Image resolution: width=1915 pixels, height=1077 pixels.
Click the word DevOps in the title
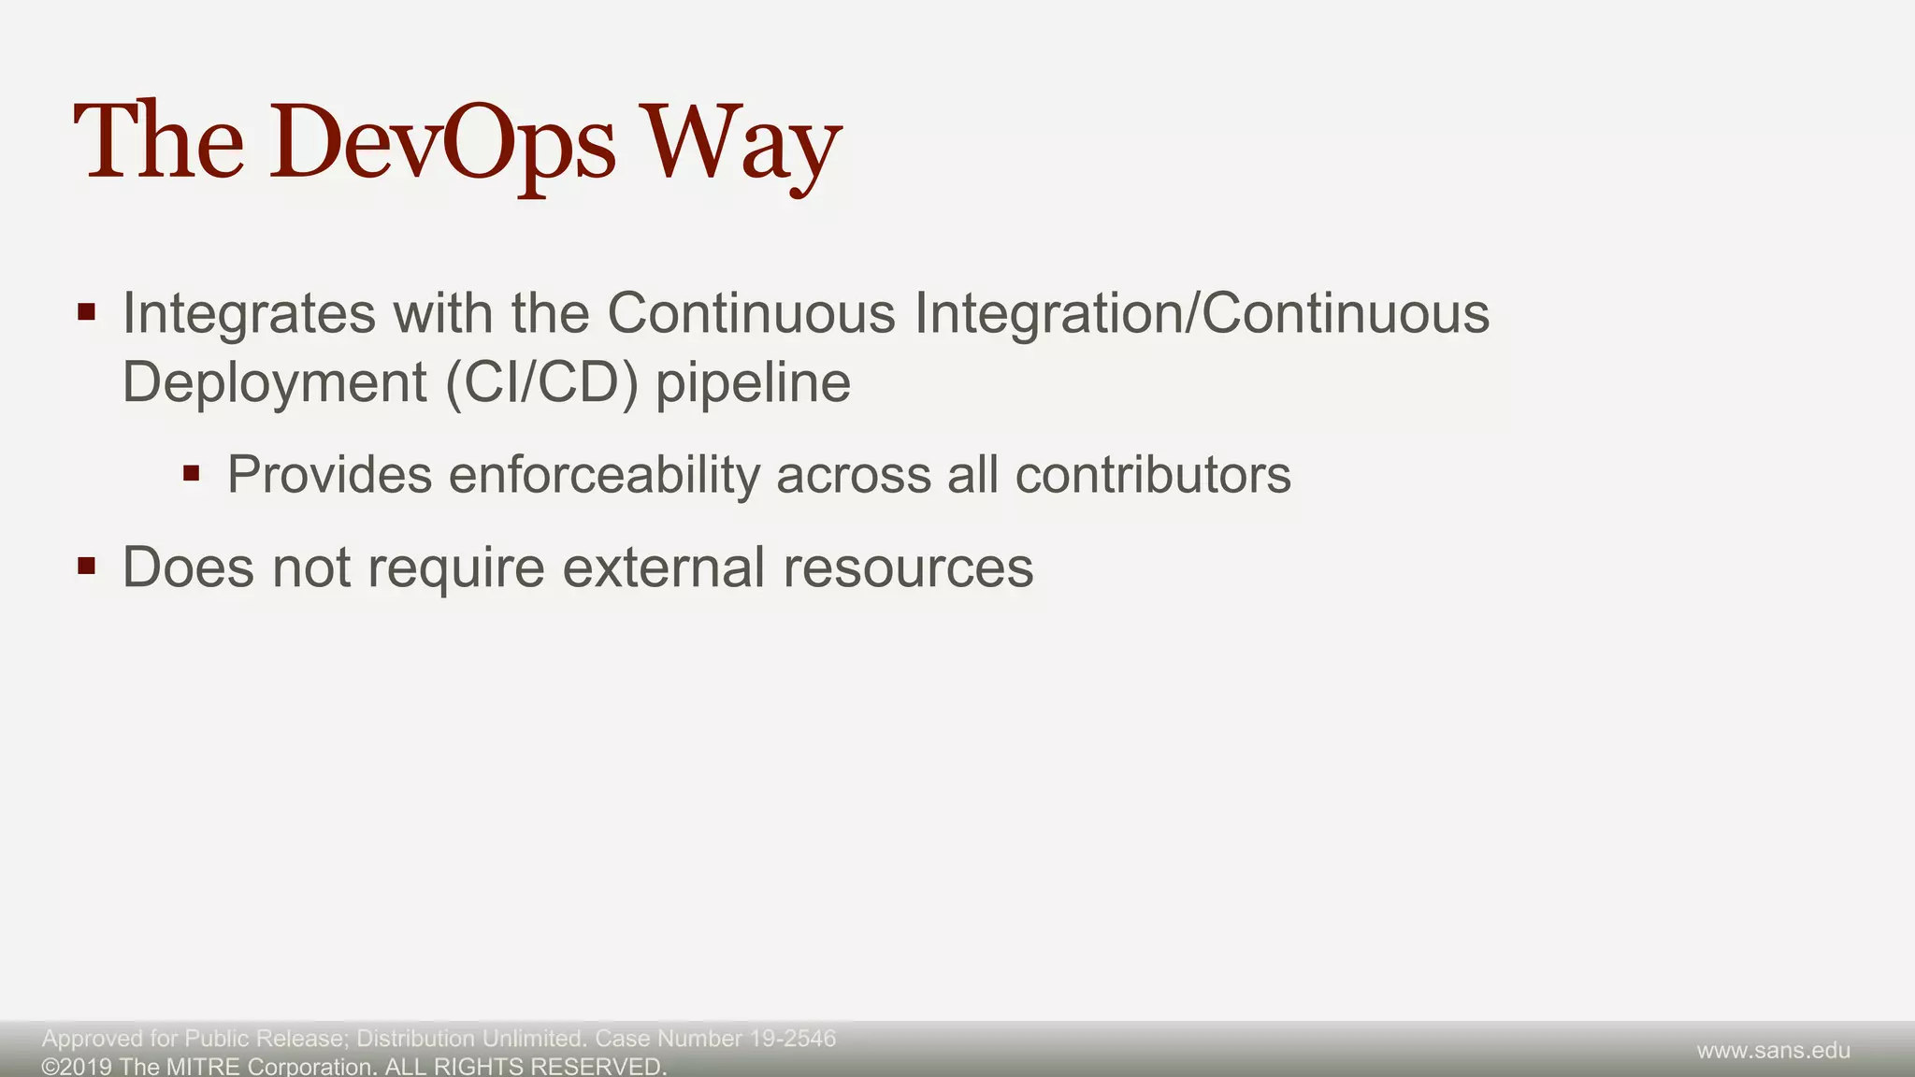(442, 142)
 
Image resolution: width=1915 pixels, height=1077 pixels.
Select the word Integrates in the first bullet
(249, 313)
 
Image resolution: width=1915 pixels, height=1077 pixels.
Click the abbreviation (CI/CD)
(542, 382)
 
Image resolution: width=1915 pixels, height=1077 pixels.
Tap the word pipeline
(753, 382)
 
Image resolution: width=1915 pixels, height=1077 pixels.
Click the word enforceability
(604, 475)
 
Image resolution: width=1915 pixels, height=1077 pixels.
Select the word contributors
(1153, 475)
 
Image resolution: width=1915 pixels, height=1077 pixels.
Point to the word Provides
(329, 475)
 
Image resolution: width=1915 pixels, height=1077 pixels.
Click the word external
(664, 567)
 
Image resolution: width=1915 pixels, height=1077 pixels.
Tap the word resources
(908, 567)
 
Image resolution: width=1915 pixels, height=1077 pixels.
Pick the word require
(455, 567)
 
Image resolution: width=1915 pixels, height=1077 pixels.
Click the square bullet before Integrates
(87, 312)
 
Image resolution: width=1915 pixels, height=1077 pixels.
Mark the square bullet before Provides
(192, 473)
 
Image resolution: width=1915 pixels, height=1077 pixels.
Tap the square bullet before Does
(87, 566)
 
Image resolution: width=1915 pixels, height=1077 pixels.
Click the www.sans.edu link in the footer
(1773, 1051)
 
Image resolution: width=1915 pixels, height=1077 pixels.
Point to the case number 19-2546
(793, 1039)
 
